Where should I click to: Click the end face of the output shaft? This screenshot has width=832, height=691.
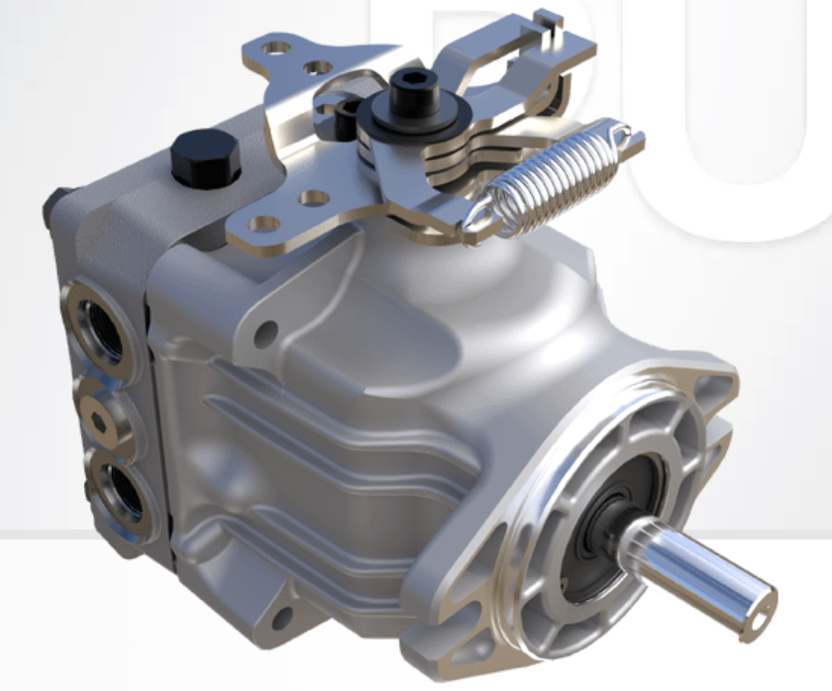[x=761, y=597]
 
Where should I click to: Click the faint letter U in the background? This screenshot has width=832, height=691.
[x=733, y=119]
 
